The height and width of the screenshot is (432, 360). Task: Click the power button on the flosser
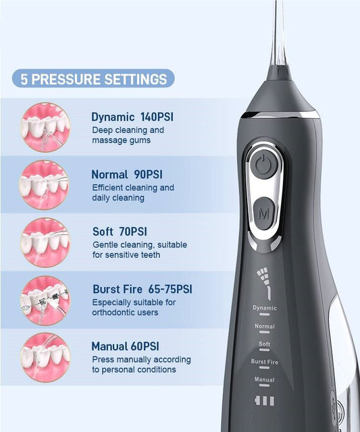(x=264, y=164)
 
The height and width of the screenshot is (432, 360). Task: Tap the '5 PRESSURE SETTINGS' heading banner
(x=93, y=78)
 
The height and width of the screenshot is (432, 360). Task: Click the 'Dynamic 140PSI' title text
(x=132, y=117)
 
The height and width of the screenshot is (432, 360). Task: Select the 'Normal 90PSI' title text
(x=127, y=174)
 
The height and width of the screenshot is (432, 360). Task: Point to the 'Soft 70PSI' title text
(x=120, y=232)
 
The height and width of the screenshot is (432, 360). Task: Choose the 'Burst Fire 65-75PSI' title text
(x=143, y=289)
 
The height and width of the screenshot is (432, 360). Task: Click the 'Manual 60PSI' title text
(x=126, y=346)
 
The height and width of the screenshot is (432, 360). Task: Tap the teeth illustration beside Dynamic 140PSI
(x=45, y=127)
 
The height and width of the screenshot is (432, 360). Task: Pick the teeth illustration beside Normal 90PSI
(x=44, y=185)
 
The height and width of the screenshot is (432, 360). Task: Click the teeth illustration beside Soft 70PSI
(x=45, y=242)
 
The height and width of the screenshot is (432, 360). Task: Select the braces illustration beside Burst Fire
(x=45, y=300)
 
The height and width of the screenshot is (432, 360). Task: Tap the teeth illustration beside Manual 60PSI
(x=45, y=358)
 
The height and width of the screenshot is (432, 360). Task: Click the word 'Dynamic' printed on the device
(x=265, y=308)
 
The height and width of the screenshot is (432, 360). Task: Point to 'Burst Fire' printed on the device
(x=265, y=362)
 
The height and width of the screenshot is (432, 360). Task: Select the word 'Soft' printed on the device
(x=264, y=344)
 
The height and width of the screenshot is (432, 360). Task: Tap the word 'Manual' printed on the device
(x=264, y=379)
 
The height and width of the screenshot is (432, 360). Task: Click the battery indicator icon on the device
(x=264, y=401)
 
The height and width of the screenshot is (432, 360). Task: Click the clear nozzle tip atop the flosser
(x=278, y=33)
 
